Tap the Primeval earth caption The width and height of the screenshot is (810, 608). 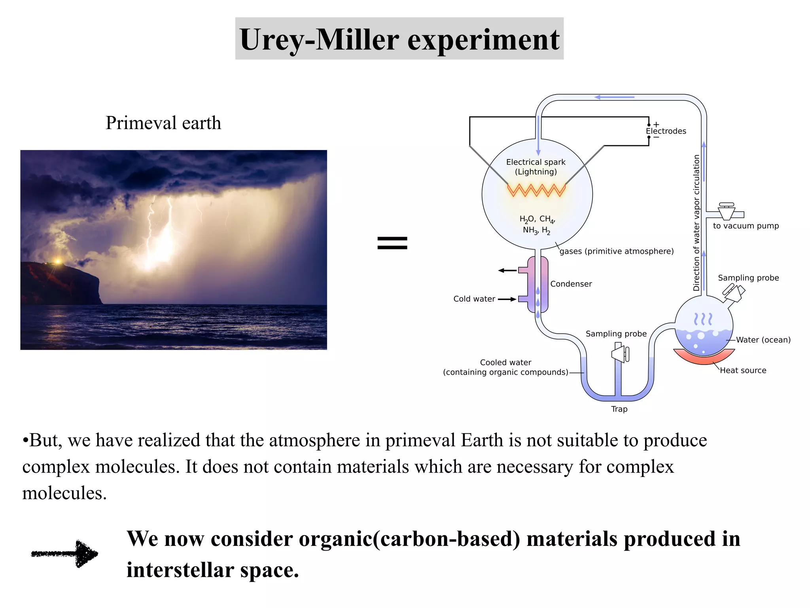point(163,123)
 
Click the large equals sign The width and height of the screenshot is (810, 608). point(392,243)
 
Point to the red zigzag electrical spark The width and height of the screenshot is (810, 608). point(536,190)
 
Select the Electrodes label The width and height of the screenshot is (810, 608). point(666,131)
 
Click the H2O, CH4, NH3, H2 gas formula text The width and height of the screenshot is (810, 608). point(537,224)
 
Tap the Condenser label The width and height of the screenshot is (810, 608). point(571,284)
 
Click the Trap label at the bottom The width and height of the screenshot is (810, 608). point(619,409)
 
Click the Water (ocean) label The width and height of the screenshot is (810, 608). point(763,340)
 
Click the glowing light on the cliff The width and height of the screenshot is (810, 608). point(58,261)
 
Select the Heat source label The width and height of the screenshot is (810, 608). point(743,370)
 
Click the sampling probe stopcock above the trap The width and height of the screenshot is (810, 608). point(620,353)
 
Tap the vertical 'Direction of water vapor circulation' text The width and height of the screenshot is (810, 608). point(696,223)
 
